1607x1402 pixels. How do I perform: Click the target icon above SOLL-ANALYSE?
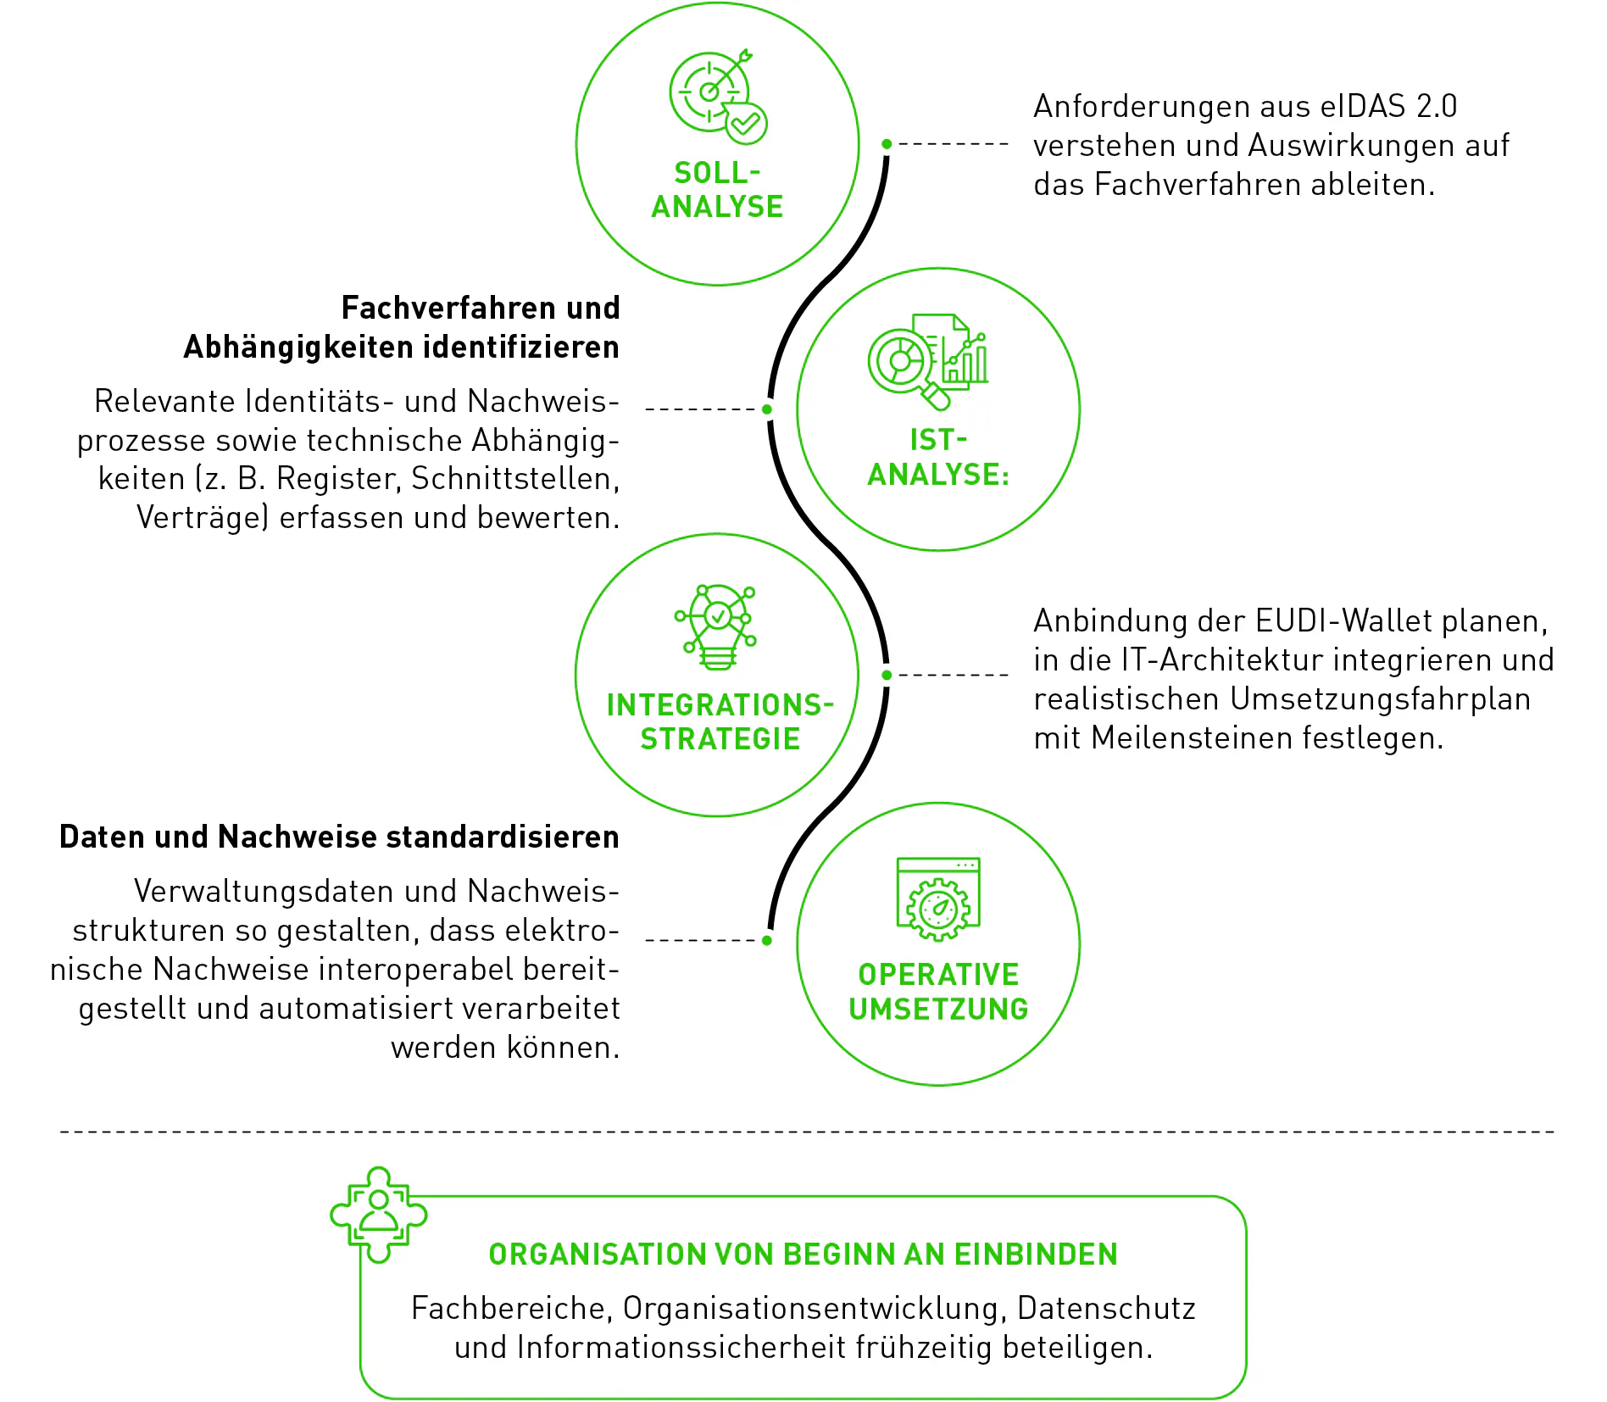(x=718, y=96)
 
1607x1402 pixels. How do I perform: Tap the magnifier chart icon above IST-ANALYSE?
(x=928, y=362)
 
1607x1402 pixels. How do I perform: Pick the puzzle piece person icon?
(x=379, y=1214)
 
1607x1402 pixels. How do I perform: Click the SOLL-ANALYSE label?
(x=718, y=190)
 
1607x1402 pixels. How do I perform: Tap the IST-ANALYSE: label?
(x=938, y=457)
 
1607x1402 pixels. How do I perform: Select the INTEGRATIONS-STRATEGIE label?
(x=720, y=722)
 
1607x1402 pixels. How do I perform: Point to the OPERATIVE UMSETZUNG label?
(x=938, y=992)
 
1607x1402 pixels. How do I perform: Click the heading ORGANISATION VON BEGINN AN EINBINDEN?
(x=803, y=1255)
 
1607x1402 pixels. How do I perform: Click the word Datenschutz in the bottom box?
(x=1106, y=1309)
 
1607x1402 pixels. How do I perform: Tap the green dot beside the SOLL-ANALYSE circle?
(x=887, y=144)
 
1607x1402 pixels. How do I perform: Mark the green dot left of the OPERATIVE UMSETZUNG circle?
(x=767, y=940)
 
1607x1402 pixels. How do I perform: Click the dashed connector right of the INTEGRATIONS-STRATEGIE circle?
(x=954, y=675)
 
